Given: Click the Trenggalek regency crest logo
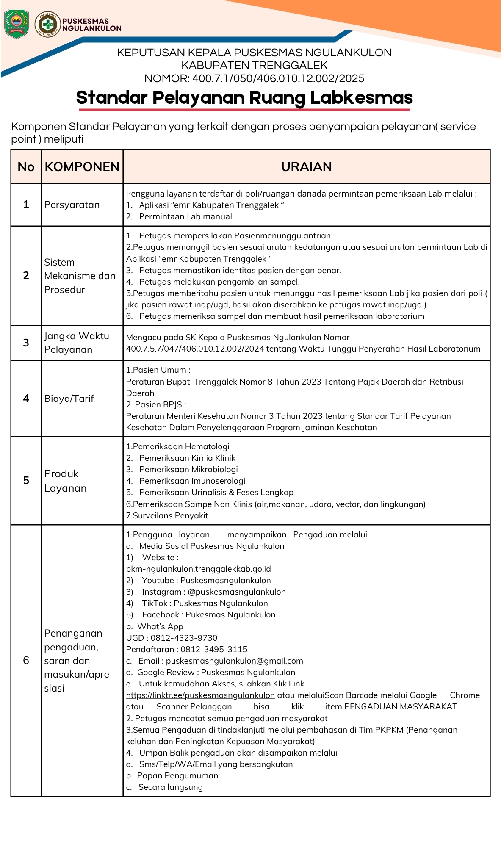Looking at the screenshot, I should pyautogui.click(x=16, y=24).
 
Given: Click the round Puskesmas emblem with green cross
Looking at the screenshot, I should pyautogui.click(x=47, y=24).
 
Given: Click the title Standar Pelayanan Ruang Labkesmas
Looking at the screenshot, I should pyautogui.click(x=244, y=98).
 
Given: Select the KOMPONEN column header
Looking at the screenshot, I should pyautogui.click(x=82, y=167).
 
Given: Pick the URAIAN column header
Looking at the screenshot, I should pyautogui.click(x=306, y=167).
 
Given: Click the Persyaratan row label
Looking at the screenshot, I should pyautogui.click(x=72, y=205).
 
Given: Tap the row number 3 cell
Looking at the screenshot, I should pyautogui.click(x=26, y=343).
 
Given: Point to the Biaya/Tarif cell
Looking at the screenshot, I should pyautogui.click(x=69, y=399).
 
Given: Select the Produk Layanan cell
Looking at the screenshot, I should pyautogui.click(x=65, y=481).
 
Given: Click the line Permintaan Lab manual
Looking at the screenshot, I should pyautogui.click(x=185, y=216).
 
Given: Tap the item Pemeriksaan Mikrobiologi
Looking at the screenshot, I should pyautogui.click(x=188, y=469).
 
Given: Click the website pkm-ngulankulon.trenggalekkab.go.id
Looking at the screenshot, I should pyautogui.click(x=198, y=569).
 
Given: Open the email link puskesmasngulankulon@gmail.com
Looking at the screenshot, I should pyautogui.click(x=234, y=661).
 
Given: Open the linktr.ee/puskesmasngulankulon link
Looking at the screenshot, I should pyautogui.click(x=200, y=695).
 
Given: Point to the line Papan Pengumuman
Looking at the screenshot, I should pyautogui.click(x=177, y=775).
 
